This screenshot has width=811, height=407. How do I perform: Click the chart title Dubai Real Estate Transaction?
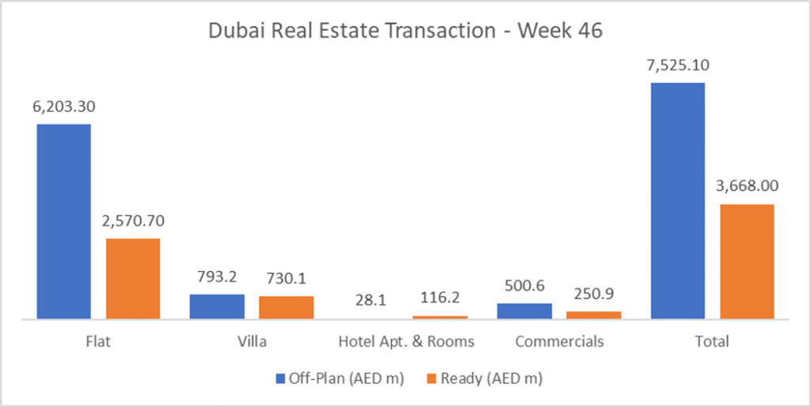pyautogui.click(x=405, y=32)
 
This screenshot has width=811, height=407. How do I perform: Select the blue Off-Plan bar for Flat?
pyautogui.click(x=63, y=222)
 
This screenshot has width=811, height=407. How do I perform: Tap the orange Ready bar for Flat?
pyautogui.click(x=133, y=279)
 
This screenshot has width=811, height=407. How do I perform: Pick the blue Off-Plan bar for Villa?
pyautogui.click(x=217, y=306)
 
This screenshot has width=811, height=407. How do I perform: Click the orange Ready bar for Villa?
pyautogui.click(x=286, y=307)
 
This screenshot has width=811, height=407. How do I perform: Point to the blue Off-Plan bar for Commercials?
pyautogui.click(x=524, y=310)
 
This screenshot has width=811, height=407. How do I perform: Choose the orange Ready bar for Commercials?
pyautogui.click(x=593, y=315)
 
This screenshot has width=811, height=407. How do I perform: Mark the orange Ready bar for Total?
pyautogui.click(x=747, y=261)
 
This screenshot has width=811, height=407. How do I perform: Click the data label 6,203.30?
pyautogui.click(x=63, y=106)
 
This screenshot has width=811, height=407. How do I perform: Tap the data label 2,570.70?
pyautogui.click(x=133, y=220)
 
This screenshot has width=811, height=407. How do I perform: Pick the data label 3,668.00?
pyautogui.click(x=747, y=186)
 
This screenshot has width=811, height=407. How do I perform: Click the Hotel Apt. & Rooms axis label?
pyautogui.click(x=406, y=342)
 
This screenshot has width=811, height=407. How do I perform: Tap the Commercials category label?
pyautogui.click(x=559, y=342)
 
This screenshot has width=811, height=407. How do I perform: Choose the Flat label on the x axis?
pyautogui.click(x=98, y=342)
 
